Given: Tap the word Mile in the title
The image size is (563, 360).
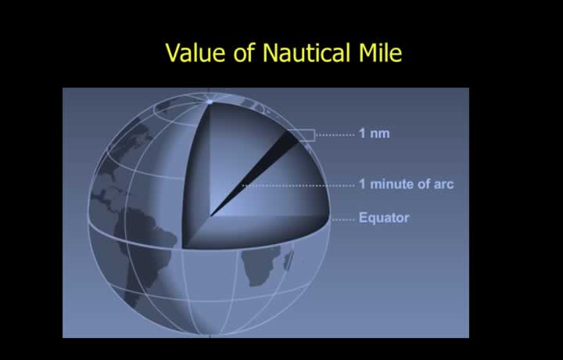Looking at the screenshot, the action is click(380, 52).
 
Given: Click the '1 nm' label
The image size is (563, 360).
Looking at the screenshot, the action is click(374, 133).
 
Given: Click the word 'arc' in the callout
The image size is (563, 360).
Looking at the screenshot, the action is click(444, 185).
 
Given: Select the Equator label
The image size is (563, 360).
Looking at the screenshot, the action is click(384, 218).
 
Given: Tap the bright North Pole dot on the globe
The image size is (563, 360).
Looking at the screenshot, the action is click(210, 102).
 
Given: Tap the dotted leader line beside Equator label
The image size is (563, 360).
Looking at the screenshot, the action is click(343, 219).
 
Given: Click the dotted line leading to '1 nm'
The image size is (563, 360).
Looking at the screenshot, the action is click(335, 135).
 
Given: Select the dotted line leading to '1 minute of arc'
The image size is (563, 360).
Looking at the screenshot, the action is click(299, 185).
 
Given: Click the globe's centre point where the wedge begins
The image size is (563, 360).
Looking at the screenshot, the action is click(210, 216).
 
